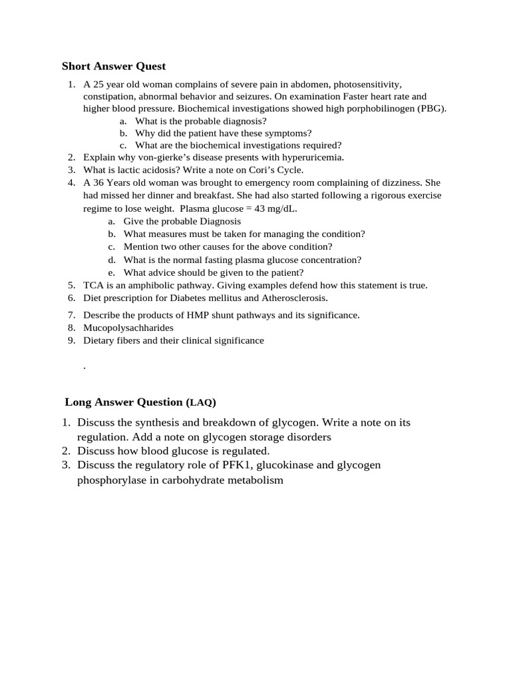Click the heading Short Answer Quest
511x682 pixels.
pyautogui.click(x=114, y=66)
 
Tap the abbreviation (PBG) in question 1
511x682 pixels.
pyautogui.click(x=432, y=109)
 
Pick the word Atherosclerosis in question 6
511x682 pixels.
pyautogui.click(x=293, y=298)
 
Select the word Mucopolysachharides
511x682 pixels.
pyautogui.click(x=128, y=328)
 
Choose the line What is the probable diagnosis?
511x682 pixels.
pyautogui.click(x=200, y=121)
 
